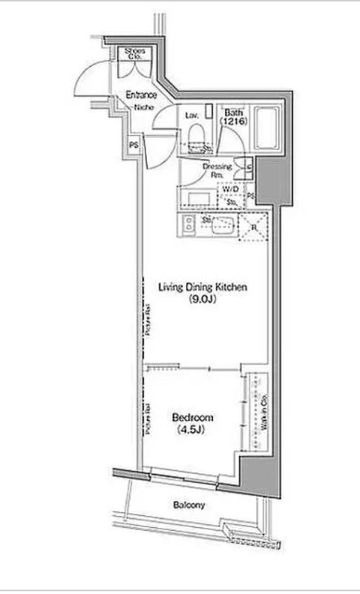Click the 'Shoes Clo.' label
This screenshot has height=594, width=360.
134,53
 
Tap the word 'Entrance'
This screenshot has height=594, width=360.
140,95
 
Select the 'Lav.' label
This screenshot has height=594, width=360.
190,115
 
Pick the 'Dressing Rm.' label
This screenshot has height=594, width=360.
217,170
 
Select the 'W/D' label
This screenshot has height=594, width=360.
229,189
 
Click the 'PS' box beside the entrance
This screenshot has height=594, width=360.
134,146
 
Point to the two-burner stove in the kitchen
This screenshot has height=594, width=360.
188,225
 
